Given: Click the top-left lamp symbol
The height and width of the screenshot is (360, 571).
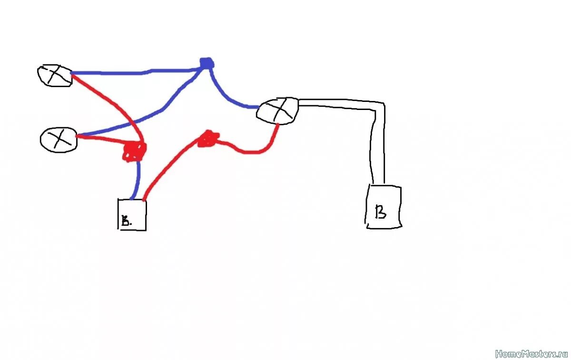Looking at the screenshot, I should coord(55,75).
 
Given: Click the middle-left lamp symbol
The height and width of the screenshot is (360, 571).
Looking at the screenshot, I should coord(59,139).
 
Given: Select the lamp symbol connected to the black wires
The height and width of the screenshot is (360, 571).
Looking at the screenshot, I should coord(278,110).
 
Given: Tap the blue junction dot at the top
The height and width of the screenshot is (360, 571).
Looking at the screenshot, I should coord(206,63).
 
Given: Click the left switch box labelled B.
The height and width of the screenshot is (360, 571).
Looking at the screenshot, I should coord(132,215).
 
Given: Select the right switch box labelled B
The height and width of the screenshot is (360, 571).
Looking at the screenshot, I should coord(384,207).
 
